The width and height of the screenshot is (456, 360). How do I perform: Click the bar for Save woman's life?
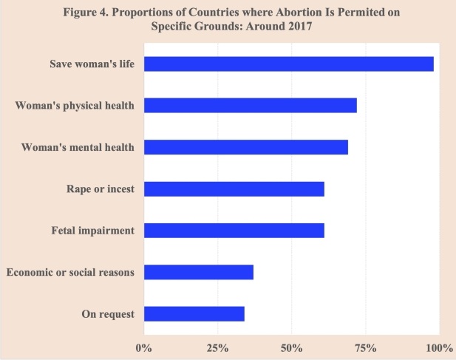(288, 64)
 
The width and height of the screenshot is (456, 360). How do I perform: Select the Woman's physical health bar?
(250, 105)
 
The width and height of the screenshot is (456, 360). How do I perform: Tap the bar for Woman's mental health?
(245, 147)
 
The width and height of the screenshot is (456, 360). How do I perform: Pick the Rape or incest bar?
(234, 189)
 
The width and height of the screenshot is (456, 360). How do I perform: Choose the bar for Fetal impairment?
(234, 231)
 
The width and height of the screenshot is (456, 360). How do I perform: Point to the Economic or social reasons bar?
(198, 272)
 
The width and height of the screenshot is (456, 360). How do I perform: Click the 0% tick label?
(143, 347)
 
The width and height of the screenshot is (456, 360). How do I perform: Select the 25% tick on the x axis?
(217, 347)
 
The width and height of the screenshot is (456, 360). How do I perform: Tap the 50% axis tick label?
(291, 347)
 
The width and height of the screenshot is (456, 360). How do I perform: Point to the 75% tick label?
(365, 347)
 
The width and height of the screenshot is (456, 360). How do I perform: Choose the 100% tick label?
(438, 347)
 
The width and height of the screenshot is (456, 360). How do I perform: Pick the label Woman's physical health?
(75, 105)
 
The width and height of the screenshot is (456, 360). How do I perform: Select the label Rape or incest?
(101, 189)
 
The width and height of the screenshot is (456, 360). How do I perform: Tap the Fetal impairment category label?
(95, 231)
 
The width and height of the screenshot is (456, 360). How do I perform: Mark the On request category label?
(108, 314)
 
